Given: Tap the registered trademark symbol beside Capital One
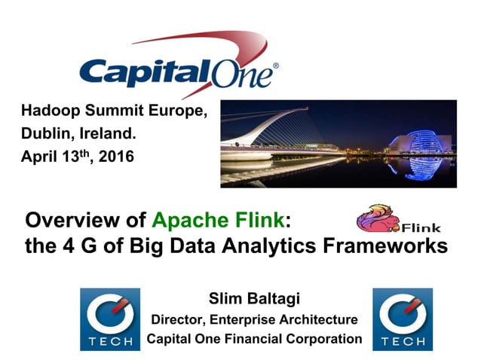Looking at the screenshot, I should (275, 66).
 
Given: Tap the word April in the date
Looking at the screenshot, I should (37, 159).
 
